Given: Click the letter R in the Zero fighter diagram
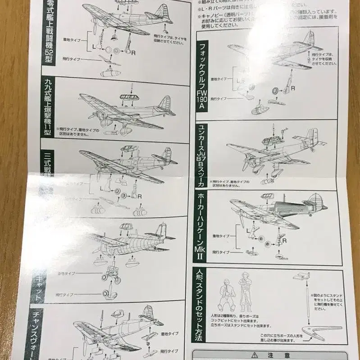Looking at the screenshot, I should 133,51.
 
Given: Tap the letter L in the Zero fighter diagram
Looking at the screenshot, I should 94,46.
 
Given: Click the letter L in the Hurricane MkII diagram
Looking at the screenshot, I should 248,230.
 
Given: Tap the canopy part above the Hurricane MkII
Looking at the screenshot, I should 267,196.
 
